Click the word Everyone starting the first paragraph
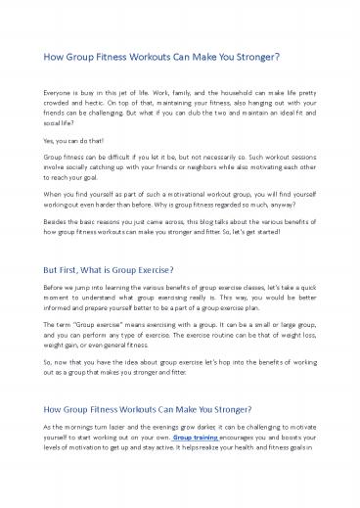pyautogui.click(x=48, y=89)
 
